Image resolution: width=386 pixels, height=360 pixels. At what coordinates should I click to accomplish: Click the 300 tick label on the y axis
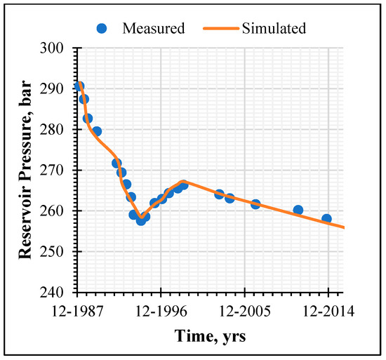tap(52, 48)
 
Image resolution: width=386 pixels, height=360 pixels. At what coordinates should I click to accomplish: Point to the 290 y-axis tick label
tap(52, 89)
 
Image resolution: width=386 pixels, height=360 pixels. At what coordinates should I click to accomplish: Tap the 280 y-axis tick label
tap(52, 130)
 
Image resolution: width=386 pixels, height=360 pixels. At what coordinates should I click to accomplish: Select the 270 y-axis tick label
tap(52, 171)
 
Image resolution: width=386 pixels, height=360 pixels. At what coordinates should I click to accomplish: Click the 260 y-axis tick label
tap(52, 211)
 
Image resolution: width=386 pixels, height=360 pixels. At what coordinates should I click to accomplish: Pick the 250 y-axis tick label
tap(52, 252)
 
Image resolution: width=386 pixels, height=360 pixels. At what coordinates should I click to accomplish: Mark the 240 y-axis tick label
tap(52, 293)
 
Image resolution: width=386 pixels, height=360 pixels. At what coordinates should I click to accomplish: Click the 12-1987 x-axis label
tap(77, 311)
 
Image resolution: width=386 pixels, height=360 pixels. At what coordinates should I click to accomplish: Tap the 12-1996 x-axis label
tap(161, 311)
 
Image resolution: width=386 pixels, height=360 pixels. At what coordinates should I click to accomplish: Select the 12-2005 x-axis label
tap(245, 311)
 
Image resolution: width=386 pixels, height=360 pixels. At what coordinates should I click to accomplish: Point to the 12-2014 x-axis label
tap(328, 311)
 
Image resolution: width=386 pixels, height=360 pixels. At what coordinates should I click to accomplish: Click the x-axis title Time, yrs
tap(211, 336)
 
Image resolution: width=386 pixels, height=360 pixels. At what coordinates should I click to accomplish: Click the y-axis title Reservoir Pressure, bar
tap(25, 170)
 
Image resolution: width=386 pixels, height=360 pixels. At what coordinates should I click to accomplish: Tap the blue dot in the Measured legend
tap(102, 29)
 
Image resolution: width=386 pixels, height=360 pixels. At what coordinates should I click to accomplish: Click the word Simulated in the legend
tap(274, 28)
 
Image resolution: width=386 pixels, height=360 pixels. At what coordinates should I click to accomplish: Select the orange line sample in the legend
tap(221, 29)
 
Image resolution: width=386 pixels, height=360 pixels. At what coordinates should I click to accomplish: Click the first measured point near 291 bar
tap(79, 86)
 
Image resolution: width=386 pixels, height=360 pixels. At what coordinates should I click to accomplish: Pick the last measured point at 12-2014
tap(326, 219)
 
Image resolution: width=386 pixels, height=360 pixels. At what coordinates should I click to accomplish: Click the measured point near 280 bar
tap(97, 131)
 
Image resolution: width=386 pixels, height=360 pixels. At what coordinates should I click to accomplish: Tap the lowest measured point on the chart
tap(141, 220)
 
